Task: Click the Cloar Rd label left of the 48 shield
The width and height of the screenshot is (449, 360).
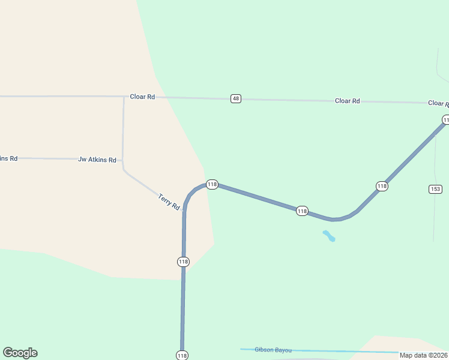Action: (x=142, y=97)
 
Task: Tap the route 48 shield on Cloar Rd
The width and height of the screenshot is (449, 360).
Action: (x=236, y=98)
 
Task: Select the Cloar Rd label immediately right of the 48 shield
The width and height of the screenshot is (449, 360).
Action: (x=347, y=101)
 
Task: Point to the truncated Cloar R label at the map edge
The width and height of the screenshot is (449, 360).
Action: (x=438, y=103)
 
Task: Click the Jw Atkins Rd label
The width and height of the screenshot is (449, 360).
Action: (x=97, y=160)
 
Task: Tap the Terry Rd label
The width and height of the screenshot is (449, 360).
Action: (x=169, y=201)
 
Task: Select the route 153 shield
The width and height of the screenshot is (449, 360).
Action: (x=435, y=189)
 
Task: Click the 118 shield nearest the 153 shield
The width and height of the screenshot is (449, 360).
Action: (x=382, y=186)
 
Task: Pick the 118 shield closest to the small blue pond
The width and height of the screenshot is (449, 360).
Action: (x=302, y=211)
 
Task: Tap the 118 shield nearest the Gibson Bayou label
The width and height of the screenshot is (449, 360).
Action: (x=182, y=355)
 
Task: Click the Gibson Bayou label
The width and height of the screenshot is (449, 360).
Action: (x=273, y=350)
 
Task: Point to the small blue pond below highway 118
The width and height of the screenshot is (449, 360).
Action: (x=329, y=236)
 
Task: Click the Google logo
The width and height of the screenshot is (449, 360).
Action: (x=20, y=353)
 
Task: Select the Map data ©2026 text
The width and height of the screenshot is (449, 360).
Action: (x=424, y=355)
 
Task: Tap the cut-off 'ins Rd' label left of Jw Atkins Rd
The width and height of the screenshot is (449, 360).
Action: (x=8, y=158)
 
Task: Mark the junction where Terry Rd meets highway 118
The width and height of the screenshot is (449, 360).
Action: (x=184, y=211)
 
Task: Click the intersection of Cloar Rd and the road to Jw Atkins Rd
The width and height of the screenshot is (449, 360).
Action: (x=124, y=97)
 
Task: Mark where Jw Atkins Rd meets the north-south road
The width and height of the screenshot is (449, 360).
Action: (x=123, y=160)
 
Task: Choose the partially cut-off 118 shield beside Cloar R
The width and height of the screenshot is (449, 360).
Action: (x=445, y=120)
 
